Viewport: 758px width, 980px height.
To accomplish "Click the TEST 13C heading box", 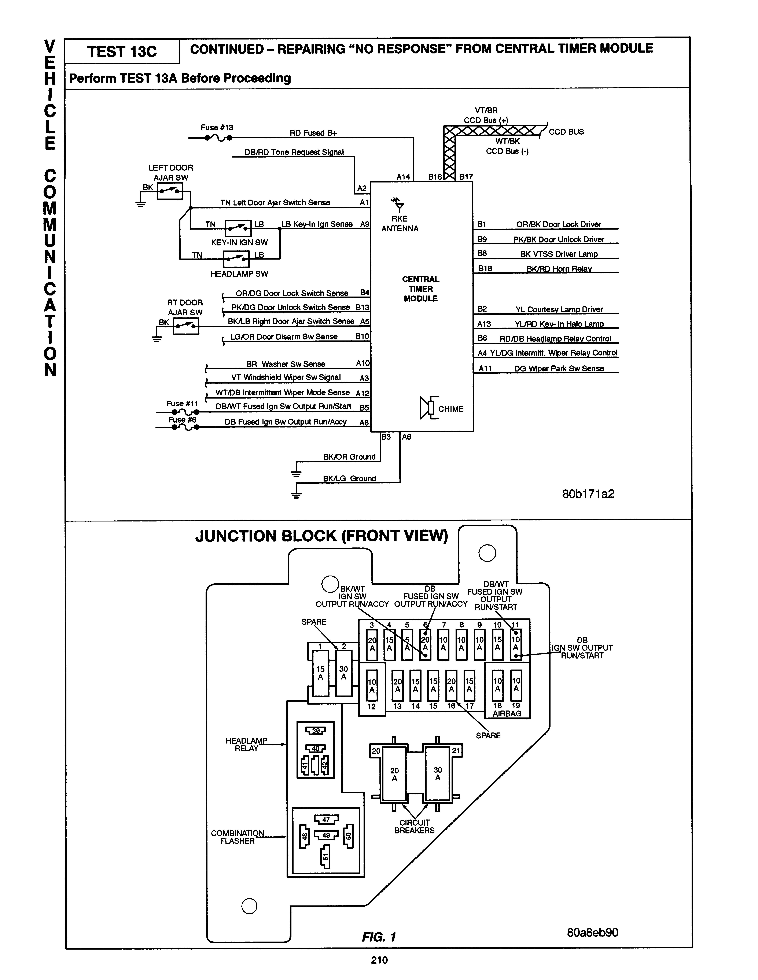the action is point(122,51).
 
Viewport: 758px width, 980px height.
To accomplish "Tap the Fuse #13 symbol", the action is point(218,138).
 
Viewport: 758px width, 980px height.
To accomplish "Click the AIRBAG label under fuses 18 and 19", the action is point(507,713).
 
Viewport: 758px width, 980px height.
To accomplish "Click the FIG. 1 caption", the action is point(379,937).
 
